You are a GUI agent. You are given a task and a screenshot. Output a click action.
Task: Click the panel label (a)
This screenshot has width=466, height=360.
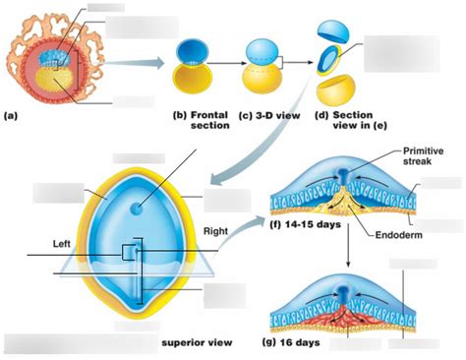click(11, 115)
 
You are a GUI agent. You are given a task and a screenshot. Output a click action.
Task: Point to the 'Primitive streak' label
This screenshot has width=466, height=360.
click(423, 157)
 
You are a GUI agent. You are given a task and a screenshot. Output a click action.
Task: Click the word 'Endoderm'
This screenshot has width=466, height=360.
click(402, 234)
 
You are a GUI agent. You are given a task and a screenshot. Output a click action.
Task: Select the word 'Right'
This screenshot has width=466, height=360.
click(214, 231)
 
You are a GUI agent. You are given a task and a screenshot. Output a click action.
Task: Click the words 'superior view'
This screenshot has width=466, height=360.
click(196, 341)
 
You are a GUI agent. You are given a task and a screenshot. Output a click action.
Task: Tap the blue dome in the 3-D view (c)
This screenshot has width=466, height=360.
click(262, 49)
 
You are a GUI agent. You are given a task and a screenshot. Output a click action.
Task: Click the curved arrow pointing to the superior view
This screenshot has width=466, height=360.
click(247, 156)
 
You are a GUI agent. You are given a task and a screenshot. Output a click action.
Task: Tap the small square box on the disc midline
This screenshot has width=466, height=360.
click(128, 253)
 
